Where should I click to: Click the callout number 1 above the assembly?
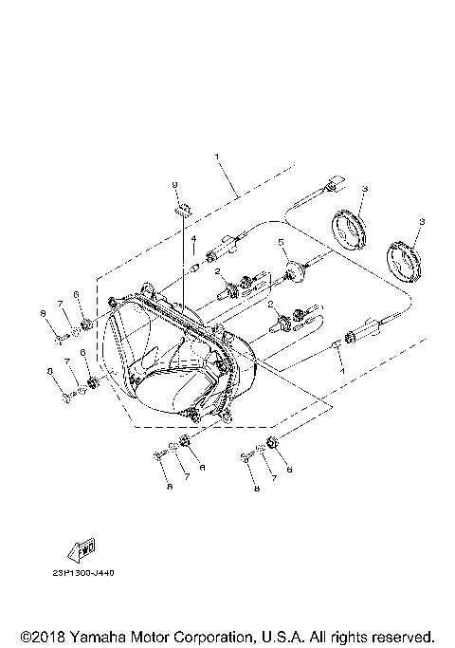click(217, 155)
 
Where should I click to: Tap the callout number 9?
click(175, 184)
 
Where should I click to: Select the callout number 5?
click(282, 244)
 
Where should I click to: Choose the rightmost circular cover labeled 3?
click(405, 259)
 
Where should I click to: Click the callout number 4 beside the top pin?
click(191, 240)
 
